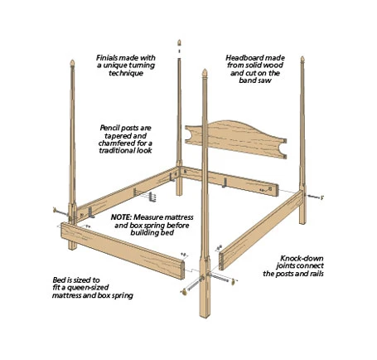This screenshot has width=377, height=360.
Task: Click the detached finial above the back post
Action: click(x=179, y=42)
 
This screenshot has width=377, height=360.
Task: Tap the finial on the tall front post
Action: click(x=205, y=73)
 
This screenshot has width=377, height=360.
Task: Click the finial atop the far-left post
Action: click(x=72, y=63)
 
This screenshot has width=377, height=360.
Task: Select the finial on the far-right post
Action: click(x=302, y=60)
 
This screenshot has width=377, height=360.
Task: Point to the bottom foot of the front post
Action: click(x=205, y=314)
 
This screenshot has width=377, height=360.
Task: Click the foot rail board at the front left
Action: click(x=123, y=251)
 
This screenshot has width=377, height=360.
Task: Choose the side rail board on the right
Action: click(x=261, y=231)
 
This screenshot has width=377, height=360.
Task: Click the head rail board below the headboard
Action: click(x=230, y=182)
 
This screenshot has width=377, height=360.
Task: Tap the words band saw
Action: click(x=255, y=80)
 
